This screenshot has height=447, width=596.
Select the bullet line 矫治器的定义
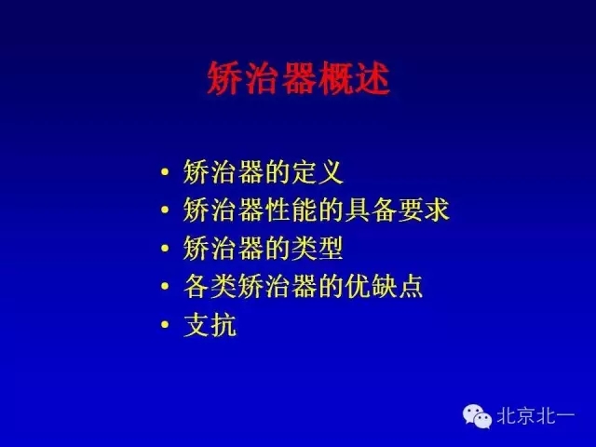[264, 172]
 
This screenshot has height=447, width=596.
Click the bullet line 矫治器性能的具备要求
[317, 210]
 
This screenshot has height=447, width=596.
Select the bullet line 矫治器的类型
[264, 249]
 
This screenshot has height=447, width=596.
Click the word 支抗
[210, 325]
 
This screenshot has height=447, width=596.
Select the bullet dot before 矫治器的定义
[165, 174]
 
